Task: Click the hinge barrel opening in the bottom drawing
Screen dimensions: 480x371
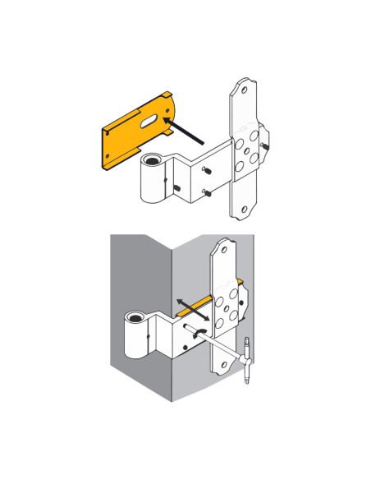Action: pos(133,318)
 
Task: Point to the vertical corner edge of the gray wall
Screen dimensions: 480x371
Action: pos(170,329)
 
